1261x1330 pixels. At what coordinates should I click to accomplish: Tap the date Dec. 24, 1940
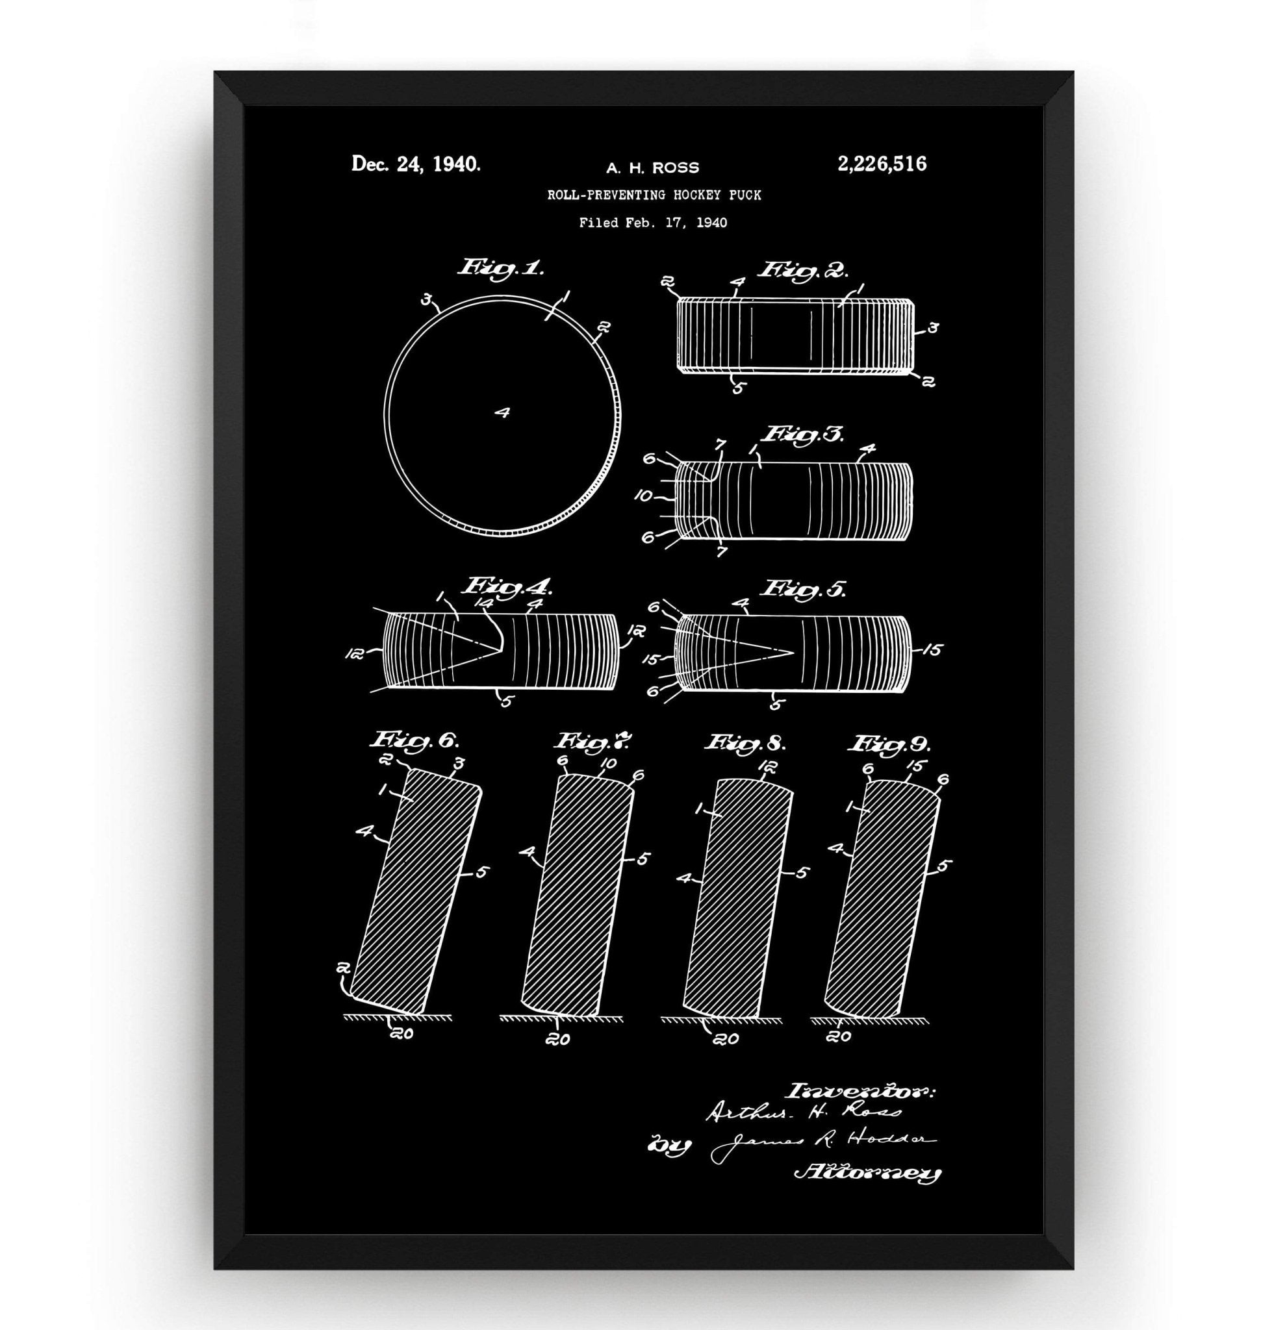[x=416, y=165]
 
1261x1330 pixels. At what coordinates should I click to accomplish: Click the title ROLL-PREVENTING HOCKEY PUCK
[x=654, y=195]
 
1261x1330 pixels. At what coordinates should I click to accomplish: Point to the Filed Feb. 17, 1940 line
[x=653, y=223]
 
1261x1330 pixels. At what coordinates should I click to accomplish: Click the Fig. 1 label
[x=502, y=269]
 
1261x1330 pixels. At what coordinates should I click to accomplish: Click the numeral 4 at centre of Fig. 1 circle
[x=502, y=412]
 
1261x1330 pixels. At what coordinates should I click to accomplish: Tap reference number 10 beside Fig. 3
[x=644, y=497]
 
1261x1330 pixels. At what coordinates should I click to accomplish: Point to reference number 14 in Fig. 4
[x=483, y=604]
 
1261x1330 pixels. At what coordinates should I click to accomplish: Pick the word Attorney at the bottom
[x=867, y=1192]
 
